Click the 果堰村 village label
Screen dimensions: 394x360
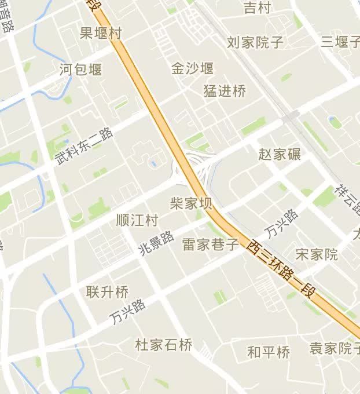click(101, 33)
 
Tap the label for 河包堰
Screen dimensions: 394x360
click(81, 70)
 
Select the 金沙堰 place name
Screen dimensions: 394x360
click(192, 68)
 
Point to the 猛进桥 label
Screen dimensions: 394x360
click(225, 91)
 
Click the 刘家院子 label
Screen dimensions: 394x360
click(255, 42)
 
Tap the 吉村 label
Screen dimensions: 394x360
click(257, 8)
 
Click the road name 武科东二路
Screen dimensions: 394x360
click(85, 145)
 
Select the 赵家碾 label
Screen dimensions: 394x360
click(280, 154)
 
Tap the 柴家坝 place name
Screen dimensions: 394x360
click(191, 203)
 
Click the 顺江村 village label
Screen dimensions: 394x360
click(137, 221)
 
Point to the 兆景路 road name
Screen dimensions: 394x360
click(156, 244)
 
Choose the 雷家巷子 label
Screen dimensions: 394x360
click(211, 244)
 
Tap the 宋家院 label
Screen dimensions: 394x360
click(317, 254)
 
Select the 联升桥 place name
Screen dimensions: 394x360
click(107, 291)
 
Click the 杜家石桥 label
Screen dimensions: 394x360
click(164, 345)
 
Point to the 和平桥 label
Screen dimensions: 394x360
click(269, 352)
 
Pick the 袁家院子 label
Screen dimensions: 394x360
click(335, 348)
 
